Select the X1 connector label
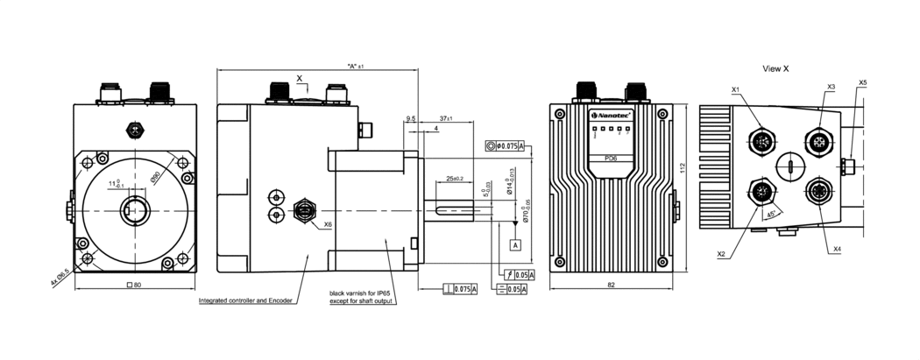(735, 89)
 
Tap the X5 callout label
(863, 82)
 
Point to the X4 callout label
(837, 250)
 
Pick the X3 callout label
(831, 87)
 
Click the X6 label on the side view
(327, 225)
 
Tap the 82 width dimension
(611, 286)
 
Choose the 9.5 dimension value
(411, 118)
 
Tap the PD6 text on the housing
(612, 158)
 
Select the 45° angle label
(770, 213)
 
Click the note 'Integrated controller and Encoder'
(244, 300)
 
